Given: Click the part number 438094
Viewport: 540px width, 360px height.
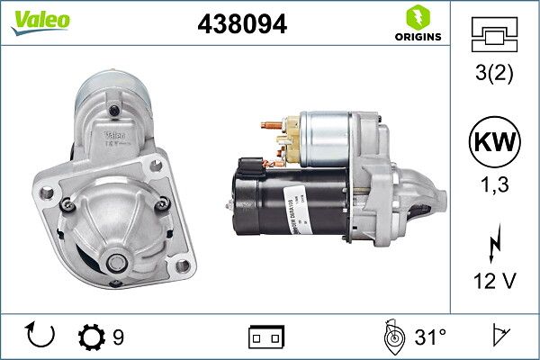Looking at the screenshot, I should [x=241, y=24].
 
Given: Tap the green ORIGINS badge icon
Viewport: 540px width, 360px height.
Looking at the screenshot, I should [x=416, y=17].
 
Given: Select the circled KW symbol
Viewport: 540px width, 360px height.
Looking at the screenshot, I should [x=493, y=142].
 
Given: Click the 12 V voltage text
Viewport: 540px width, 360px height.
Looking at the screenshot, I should [x=493, y=281].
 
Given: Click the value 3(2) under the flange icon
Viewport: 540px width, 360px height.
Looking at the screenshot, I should [x=493, y=74].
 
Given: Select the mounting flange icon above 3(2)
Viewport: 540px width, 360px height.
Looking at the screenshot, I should [x=493, y=35].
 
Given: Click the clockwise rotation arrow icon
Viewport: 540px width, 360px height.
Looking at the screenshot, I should [x=41, y=337].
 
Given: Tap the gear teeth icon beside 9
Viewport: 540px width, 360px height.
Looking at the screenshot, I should [x=91, y=337].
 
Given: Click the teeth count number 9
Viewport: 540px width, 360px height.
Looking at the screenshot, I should [x=119, y=337].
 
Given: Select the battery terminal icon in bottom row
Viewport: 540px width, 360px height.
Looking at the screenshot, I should [x=265, y=337].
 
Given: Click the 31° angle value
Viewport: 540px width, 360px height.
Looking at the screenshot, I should [x=429, y=337].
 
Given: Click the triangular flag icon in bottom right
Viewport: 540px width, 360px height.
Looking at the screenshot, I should [x=498, y=337].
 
